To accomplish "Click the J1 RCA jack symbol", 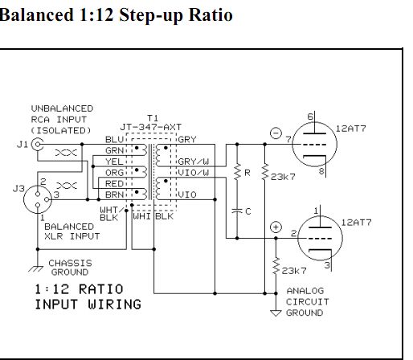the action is point(38,145).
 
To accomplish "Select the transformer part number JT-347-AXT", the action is point(151,127).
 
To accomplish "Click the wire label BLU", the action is point(114,140).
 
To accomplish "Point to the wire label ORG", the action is point(114,173).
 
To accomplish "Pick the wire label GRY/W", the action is point(194,162).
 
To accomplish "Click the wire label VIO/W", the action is point(194,173).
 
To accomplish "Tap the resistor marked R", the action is point(237,172).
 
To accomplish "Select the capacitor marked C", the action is point(237,211).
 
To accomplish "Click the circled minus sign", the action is point(276,133).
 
